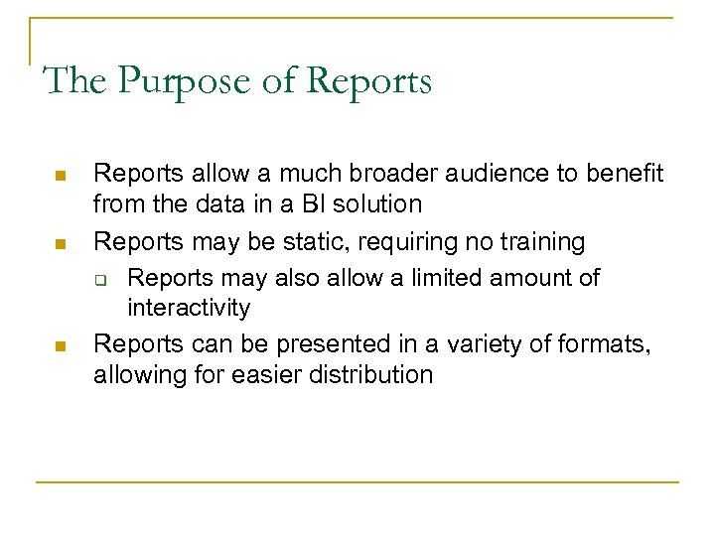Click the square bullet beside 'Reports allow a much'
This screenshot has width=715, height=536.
click(59, 176)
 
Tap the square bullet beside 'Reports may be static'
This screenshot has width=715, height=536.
click(59, 241)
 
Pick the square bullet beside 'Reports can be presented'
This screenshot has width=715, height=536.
click(59, 345)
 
